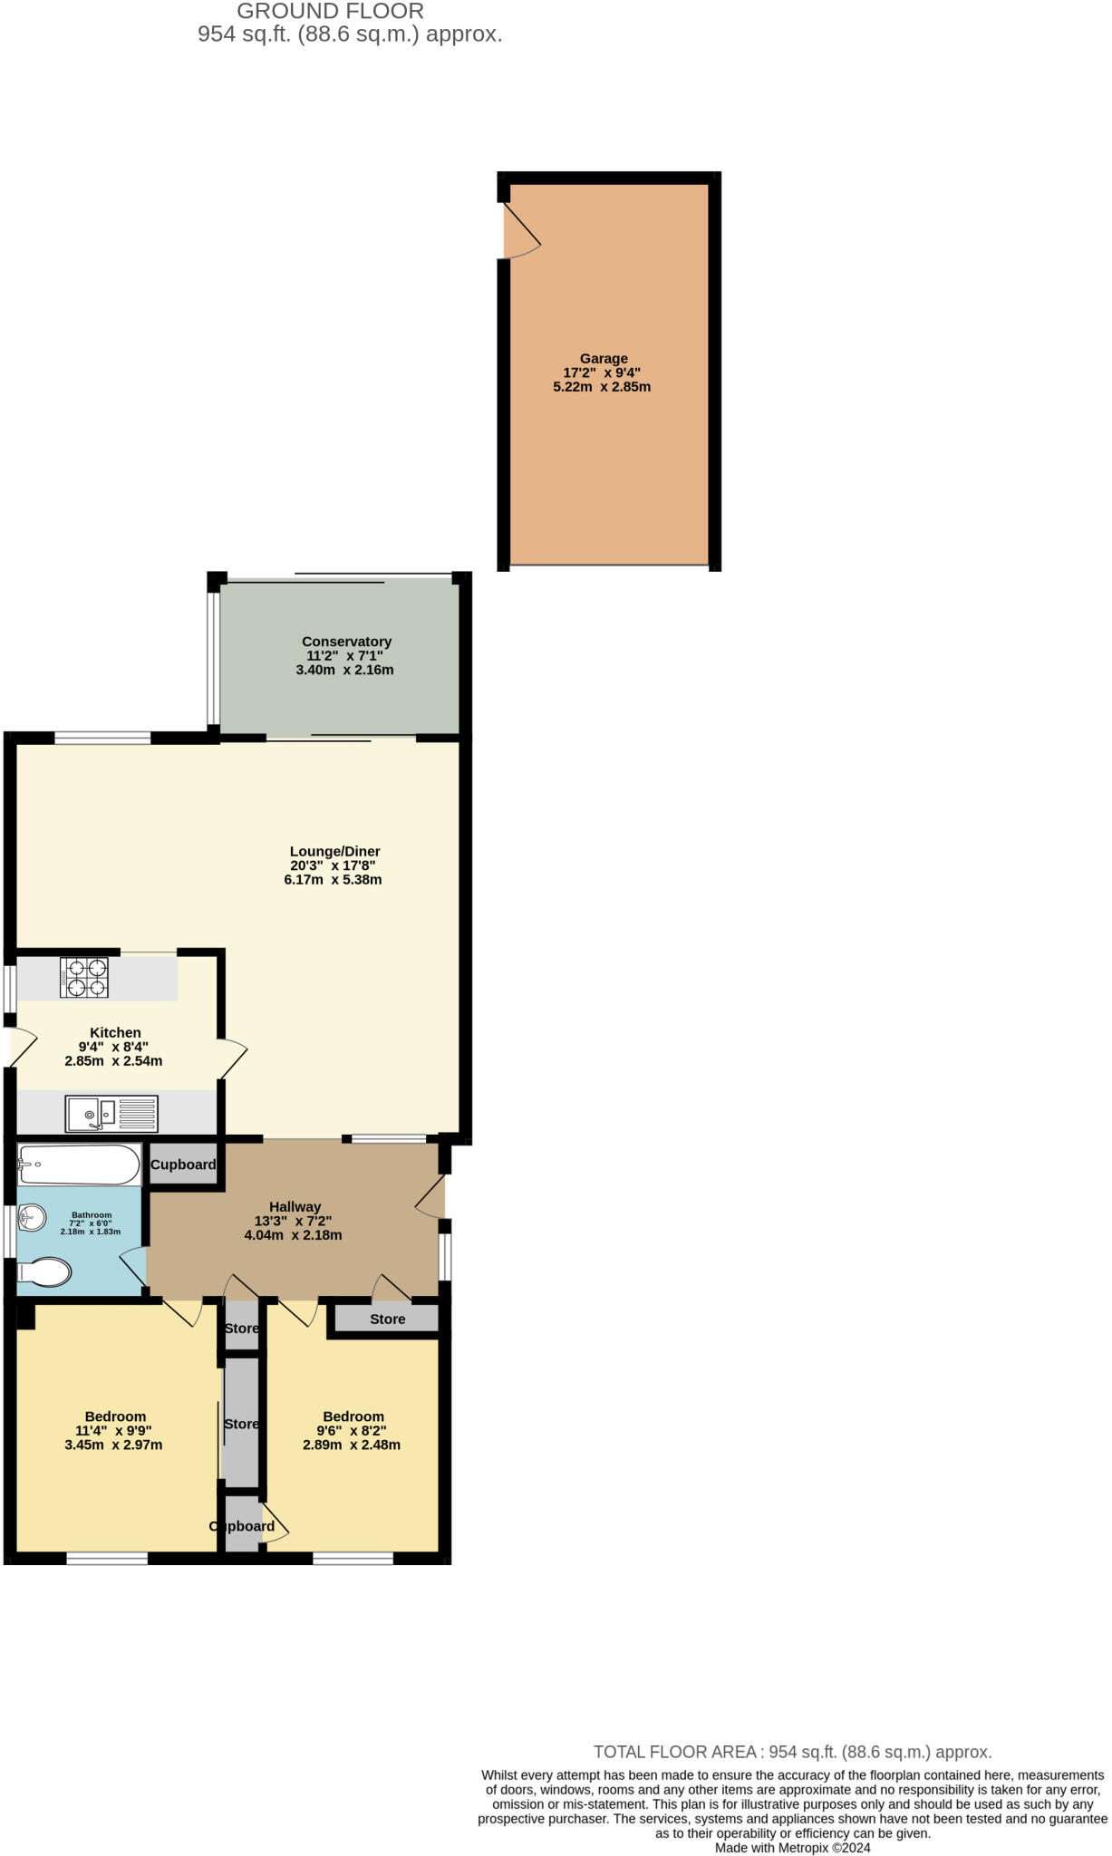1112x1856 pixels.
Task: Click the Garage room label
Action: pos(604,359)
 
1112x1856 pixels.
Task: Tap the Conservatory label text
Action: pos(346,642)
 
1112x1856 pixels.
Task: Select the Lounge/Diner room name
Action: pos(334,851)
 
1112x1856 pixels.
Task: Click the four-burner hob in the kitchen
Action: pos(84,978)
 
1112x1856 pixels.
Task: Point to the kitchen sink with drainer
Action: pos(111,1113)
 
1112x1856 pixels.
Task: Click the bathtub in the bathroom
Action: pos(80,1164)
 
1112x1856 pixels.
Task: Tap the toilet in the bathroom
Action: pos(44,1272)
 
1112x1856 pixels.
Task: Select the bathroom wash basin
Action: pos(32,1217)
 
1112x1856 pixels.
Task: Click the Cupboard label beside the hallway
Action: pos(183,1165)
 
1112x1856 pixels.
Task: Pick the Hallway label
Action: pos(295,1206)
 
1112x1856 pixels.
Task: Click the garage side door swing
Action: pos(522,230)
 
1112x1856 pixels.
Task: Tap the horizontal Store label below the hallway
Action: pos(387,1319)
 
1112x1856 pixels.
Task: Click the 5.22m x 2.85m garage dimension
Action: pos(602,387)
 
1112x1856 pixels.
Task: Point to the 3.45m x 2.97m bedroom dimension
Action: pos(113,1445)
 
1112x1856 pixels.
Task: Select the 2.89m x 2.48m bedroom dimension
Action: pos(352,1445)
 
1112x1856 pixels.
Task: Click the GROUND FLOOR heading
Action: pos(330,12)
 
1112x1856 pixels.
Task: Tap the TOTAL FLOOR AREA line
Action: pos(792,1752)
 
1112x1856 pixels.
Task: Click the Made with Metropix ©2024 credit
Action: pos(792,1847)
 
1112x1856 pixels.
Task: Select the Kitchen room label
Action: pos(115,1032)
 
